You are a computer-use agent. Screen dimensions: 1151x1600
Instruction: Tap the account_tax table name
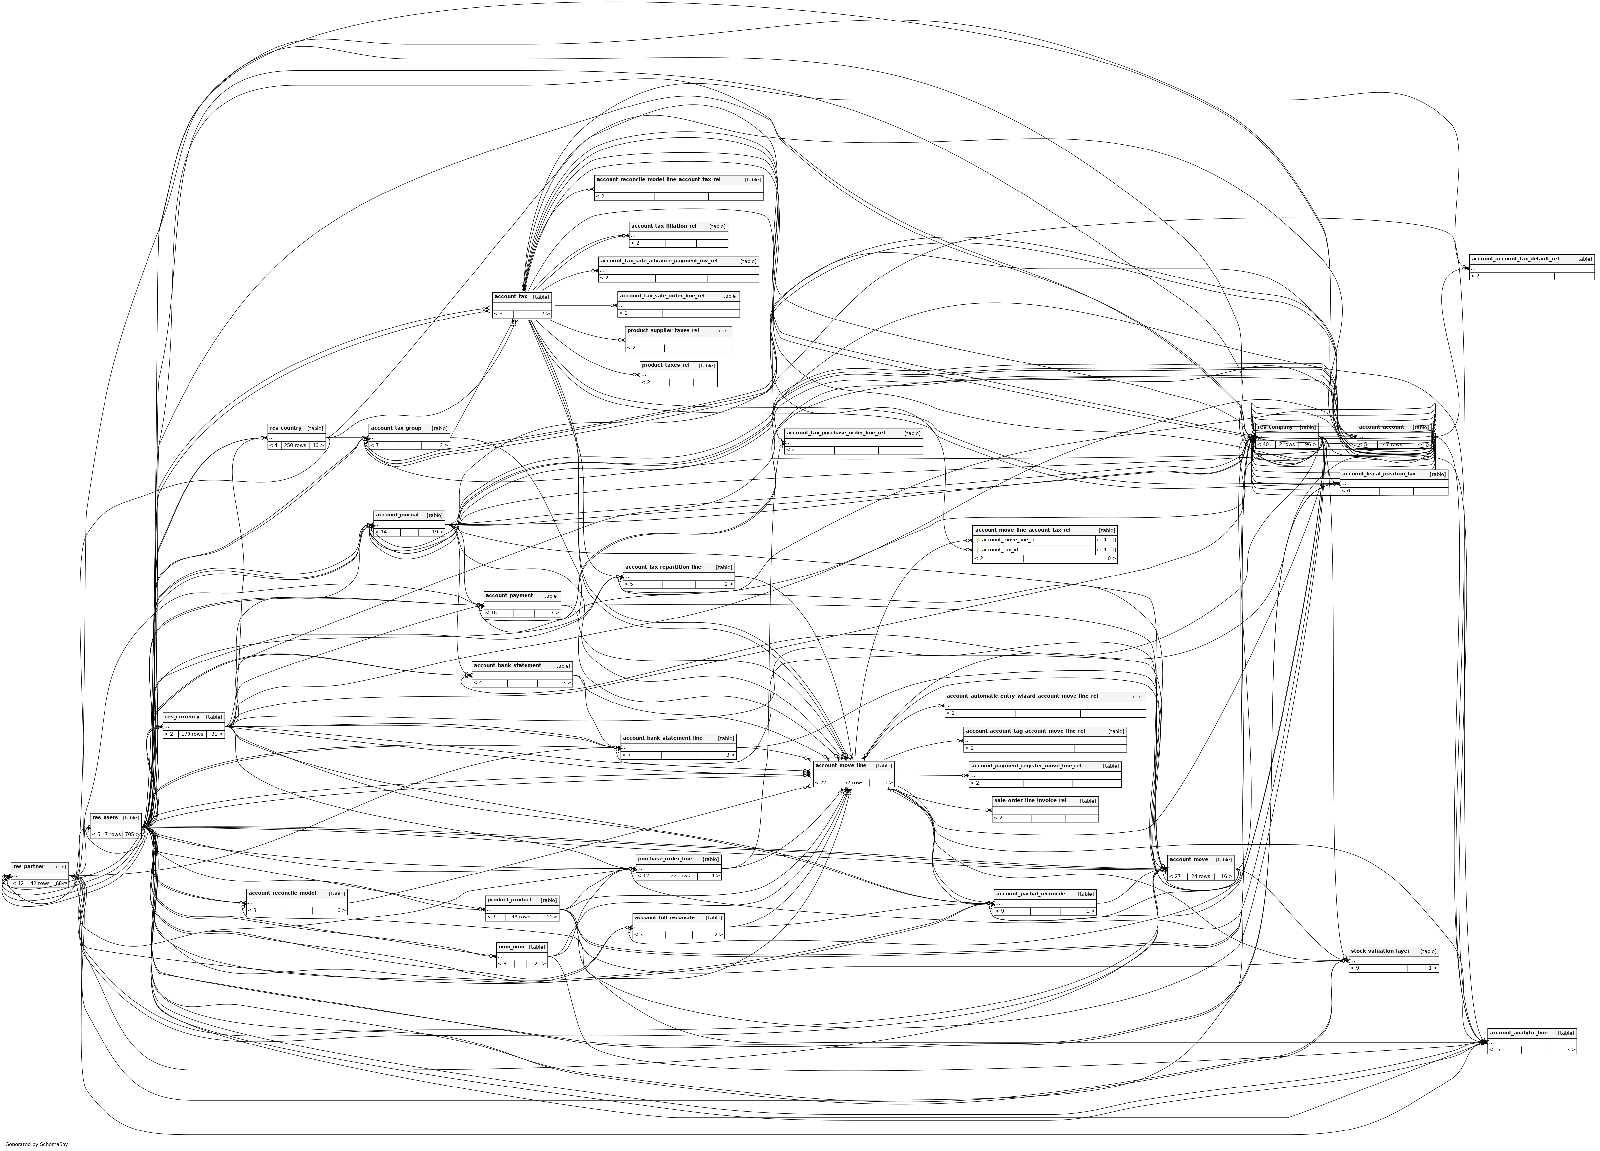click(511, 296)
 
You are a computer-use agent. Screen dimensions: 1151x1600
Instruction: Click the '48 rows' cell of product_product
click(521, 917)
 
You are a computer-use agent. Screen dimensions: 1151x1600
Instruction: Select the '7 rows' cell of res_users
click(112, 834)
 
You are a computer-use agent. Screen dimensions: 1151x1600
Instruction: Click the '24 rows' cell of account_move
click(1201, 876)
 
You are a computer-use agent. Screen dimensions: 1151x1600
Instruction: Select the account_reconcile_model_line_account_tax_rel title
click(658, 179)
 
